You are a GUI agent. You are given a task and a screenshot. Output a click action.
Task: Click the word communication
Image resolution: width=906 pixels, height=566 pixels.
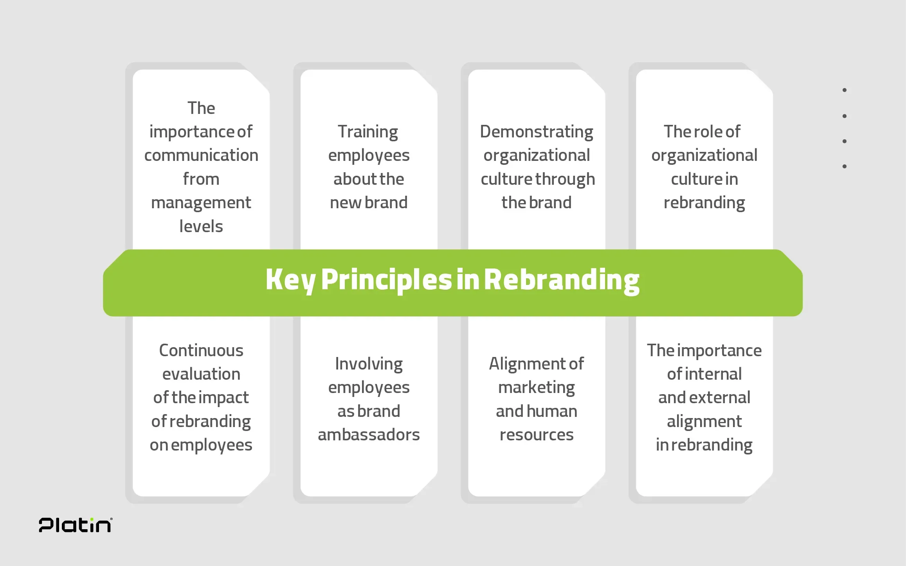pyautogui.click(x=201, y=155)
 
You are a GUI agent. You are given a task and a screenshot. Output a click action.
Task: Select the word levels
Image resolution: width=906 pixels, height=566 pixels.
pyautogui.click(x=201, y=226)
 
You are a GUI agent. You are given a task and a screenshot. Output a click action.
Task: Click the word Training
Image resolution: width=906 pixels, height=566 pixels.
pyautogui.click(x=368, y=132)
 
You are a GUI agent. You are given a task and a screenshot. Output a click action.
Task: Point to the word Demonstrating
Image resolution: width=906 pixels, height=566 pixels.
pyautogui.click(x=537, y=132)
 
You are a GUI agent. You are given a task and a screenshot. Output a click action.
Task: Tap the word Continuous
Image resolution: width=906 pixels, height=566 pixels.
pyautogui.click(x=201, y=350)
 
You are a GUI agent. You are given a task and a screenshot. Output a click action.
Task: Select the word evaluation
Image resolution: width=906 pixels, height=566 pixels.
pyautogui.click(x=201, y=374)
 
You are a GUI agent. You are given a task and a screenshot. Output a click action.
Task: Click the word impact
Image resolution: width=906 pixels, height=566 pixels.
pyautogui.click(x=225, y=398)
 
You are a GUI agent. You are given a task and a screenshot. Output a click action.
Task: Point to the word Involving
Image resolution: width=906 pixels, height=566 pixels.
pyautogui.click(x=369, y=364)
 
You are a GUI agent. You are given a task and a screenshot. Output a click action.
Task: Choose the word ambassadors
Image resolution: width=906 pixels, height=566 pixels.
pyautogui.click(x=369, y=435)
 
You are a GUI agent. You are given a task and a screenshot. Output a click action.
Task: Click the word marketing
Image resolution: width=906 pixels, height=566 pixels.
pyautogui.click(x=537, y=388)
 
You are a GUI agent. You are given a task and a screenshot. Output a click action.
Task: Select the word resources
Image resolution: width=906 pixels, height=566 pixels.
pyautogui.click(x=537, y=435)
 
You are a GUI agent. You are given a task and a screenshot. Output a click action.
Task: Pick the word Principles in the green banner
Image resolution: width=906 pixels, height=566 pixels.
pyautogui.click(x=386, y=280)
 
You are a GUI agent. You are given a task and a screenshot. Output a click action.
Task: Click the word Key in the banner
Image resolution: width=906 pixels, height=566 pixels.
pyautogui.click(x=290, y=280)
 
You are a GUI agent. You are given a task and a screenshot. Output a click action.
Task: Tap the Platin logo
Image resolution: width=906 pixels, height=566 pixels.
pyautogui.click(x=76, y=525)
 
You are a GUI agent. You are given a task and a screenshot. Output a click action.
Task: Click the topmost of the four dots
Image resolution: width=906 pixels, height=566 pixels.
pyautogui.click(x=845, y=90)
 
